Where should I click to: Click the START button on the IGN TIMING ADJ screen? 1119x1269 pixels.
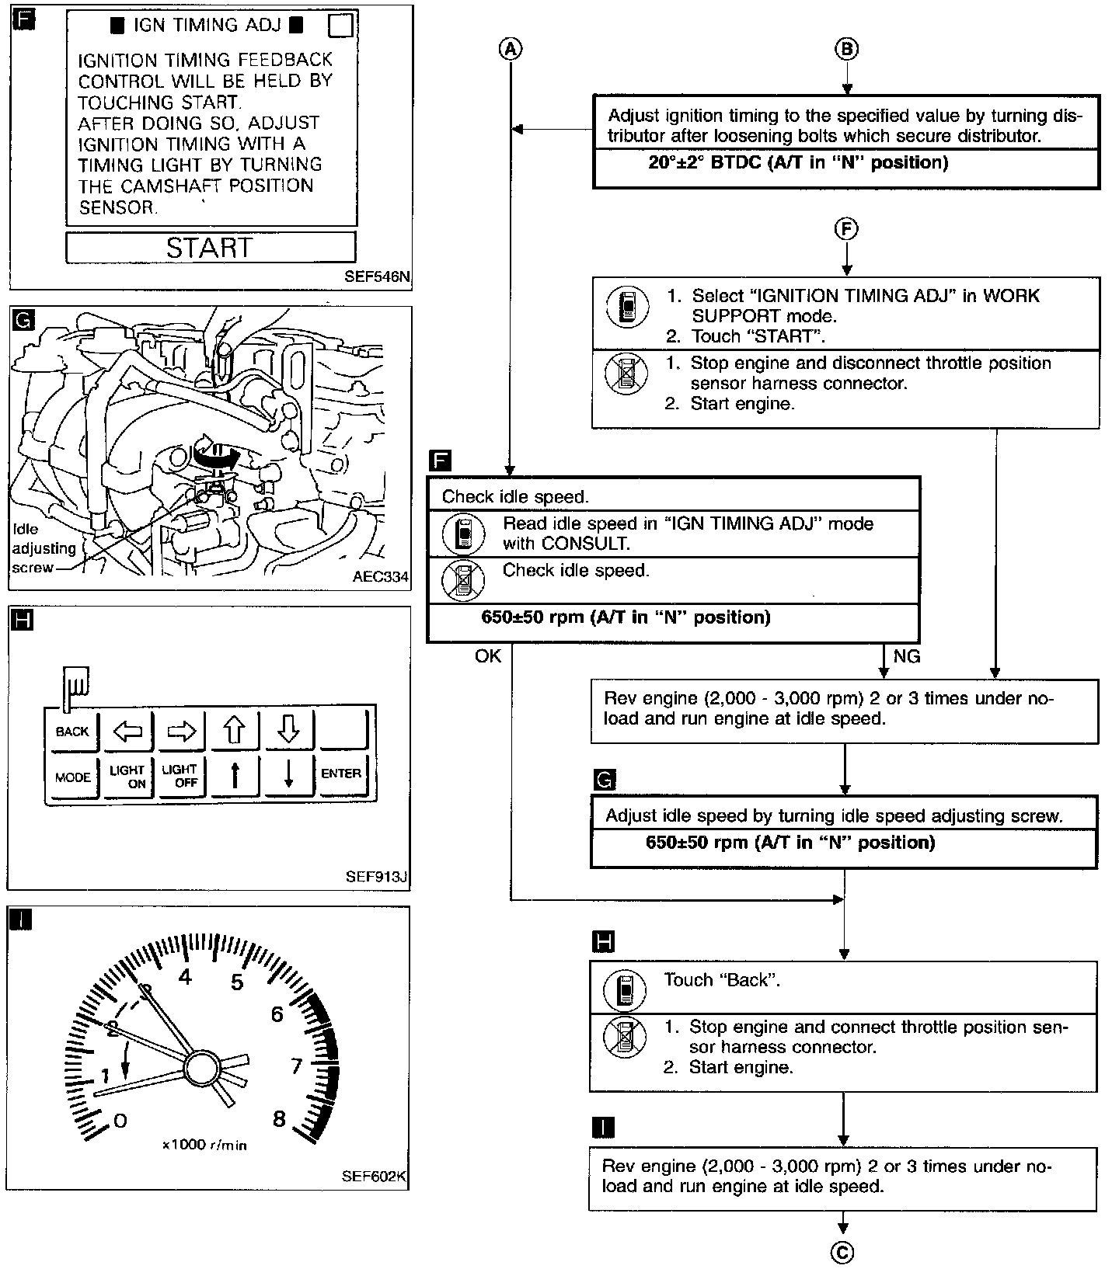[211, 248]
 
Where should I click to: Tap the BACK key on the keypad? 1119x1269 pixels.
[72, 732]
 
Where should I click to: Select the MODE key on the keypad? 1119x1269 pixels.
[72, 777]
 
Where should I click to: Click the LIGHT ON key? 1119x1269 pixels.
[127, 777]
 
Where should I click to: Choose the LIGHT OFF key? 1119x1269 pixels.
[180, 776]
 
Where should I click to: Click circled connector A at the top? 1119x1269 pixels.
[510, 49]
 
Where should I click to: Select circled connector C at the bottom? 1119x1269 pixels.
[842, 1252]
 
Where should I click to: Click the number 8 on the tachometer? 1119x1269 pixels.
[279, 1119]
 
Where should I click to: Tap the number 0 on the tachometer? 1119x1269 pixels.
[119, 1120]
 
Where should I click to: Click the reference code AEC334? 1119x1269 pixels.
[380, 577]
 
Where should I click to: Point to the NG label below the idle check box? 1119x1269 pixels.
[906, 657]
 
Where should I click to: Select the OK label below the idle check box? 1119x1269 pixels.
[488, 657]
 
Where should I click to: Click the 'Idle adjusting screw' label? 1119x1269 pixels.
[43, 548]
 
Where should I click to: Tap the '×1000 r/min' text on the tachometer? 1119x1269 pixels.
[205, 1145]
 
